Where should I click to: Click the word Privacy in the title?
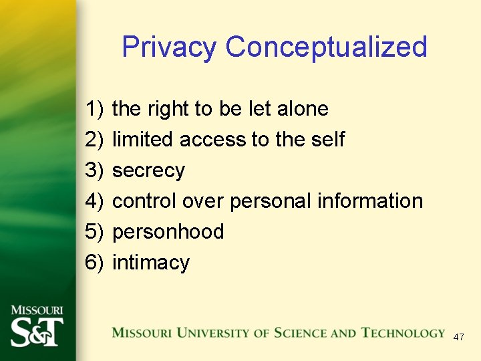169,47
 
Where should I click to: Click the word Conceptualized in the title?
326,47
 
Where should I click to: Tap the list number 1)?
95,109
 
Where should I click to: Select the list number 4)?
95,201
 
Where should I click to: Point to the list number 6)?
95,263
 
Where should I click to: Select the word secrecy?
148,170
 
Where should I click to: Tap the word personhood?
168,232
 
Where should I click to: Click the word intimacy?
151,263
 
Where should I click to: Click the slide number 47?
458,337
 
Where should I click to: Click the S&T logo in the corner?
37,328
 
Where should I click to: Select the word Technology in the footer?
403,333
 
